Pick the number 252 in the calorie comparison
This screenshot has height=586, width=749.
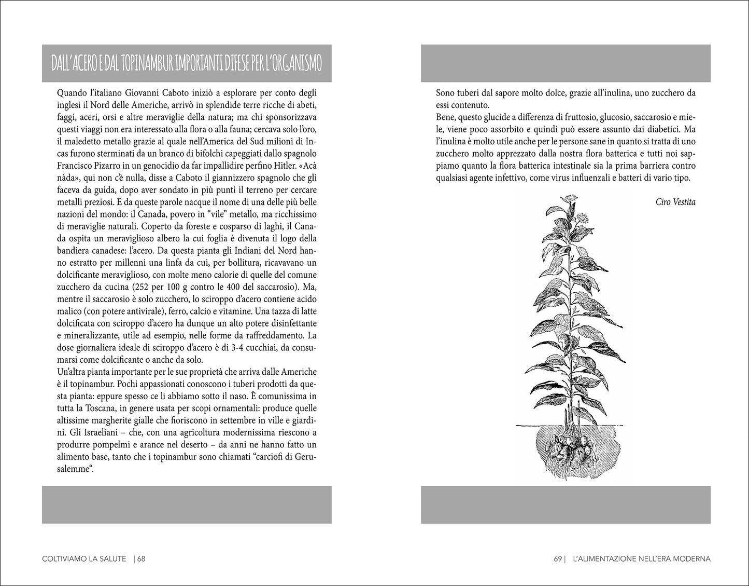tap(143, 287)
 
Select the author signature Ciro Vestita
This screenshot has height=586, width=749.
tap(675, 202)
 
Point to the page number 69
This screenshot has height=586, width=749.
tap(558, 559)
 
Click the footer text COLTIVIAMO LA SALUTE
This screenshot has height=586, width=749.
tap(83, 559)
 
